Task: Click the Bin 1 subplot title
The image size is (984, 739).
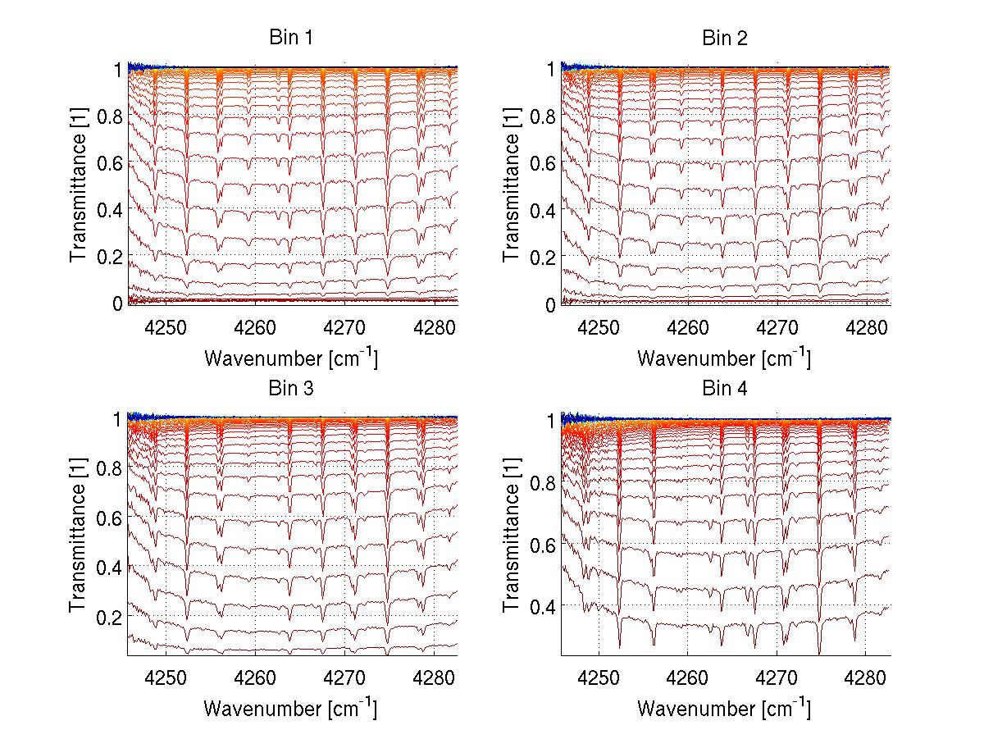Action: coord(291,38)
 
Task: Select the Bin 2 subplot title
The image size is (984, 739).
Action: coord(725,38)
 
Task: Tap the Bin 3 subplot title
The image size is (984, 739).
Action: coord(291,388)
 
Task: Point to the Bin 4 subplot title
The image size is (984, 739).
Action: coord(725,388)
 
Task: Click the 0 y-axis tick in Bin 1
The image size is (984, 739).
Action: coord(117,303)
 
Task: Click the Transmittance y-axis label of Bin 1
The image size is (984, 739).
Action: coord(79,186)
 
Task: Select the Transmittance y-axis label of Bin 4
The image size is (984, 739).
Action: coord(512,537)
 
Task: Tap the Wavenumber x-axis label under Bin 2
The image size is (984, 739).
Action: coord(725,358)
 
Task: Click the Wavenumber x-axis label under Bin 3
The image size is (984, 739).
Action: coord(291,708)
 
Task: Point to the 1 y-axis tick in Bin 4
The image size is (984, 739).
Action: coord(551,421)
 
